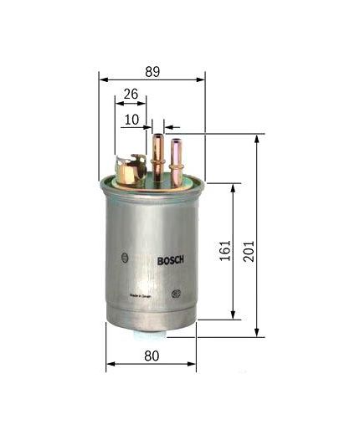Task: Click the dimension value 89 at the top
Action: click(x=152, y=72)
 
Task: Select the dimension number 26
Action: click(x=130, y=95)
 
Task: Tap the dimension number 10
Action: click(x=131, y=120)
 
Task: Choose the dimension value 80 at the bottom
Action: click(x=152, y=356)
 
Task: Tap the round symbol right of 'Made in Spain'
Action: click(x=176, y=294)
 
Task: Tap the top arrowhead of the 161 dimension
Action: click(x=234, y=188)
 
